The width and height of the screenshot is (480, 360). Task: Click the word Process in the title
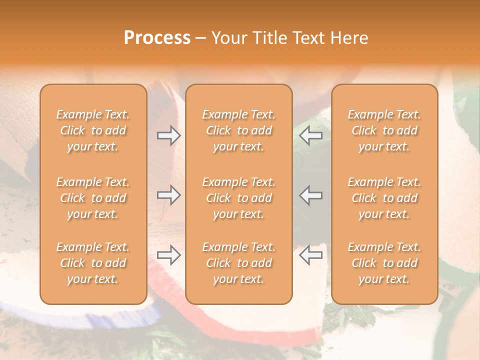[x=157, y=38]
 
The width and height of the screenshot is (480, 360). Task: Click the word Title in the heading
[x=267, y=38]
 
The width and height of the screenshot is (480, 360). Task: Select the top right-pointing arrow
[x=169, y=135]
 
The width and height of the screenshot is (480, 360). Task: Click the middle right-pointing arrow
[x=169, y=195]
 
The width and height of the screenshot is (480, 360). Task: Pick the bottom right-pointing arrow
[x=169, y=255]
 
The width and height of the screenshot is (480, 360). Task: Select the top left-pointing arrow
[x=310, y=135]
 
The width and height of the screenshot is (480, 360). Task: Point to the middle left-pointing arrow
[x=310, y=195]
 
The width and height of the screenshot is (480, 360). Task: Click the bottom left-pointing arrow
[x=310, y=255]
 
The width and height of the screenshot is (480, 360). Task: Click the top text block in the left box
[x=93, y=130]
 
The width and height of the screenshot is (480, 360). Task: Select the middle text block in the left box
[x=93, y=198]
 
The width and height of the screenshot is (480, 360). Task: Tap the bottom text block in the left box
[x=93, y=263]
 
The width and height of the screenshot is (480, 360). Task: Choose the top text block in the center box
[x=239, y=130]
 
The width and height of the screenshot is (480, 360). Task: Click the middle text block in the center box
[x=239, y=198]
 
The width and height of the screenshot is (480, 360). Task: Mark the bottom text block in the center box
[x=239, y=263]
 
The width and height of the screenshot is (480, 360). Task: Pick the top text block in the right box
[x=384, y=130]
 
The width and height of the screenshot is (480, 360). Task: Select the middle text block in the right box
[x=384, y=198]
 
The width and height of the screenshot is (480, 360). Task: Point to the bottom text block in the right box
[x=384, y=263]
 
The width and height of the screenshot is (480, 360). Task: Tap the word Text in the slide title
[x=306, y=38]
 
